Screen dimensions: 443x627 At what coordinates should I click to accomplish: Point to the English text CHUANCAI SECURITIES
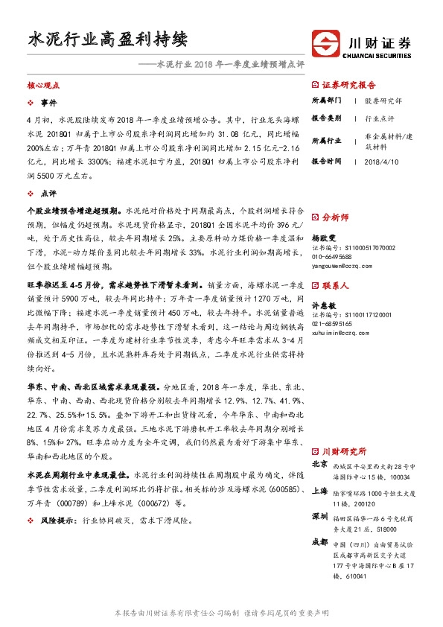click(x=377, y=54)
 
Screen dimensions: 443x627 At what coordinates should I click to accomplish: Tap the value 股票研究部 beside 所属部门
click(x=383, y=99)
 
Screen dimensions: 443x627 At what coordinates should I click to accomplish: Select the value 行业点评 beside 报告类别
click(x=380, y=118)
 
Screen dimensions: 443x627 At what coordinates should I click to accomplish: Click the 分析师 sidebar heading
click(x=334, y=217)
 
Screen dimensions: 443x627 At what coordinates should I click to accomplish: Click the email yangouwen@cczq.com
click(x=342, y=265)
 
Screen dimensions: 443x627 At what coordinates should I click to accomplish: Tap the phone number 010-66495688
click(x=332, y=257)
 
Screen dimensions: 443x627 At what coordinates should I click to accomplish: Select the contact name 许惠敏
click(x=323, y=305)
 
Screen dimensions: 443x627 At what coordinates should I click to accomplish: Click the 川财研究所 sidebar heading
click(x=343, y=451)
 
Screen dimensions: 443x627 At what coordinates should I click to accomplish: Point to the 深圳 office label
click(x=319, y=515)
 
